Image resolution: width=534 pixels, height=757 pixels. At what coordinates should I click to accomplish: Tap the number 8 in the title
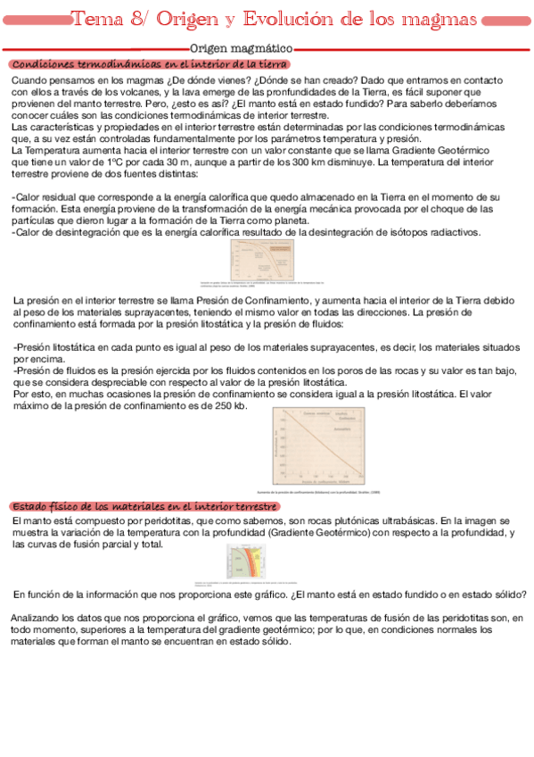pyautogui.click(x=148, y=20)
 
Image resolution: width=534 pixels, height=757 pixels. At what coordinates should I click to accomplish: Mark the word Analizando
pyautogui.click(x=37, y=618)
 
